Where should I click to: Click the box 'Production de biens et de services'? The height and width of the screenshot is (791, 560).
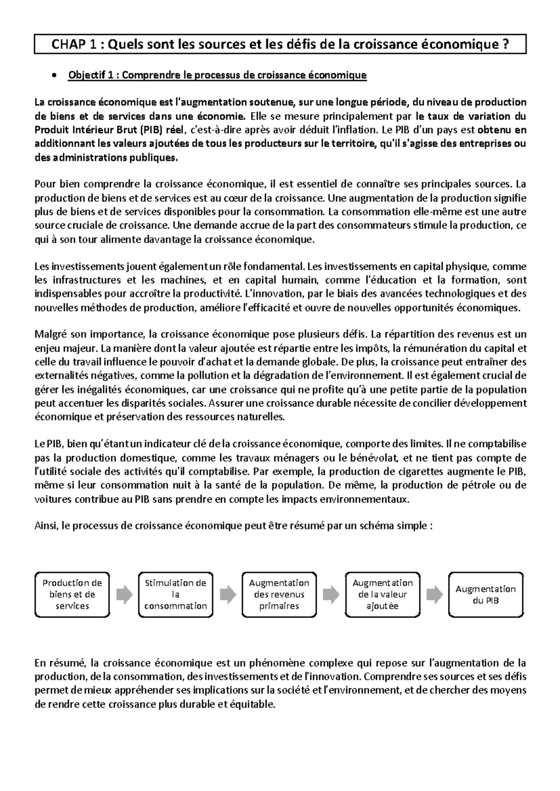pos(72,594)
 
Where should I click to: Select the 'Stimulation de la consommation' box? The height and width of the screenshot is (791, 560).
pos(175,594)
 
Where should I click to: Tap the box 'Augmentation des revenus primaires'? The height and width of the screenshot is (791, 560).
pos(279,594)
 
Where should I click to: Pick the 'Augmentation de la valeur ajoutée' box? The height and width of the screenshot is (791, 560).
pos(383,594)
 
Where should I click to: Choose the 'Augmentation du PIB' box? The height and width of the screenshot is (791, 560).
pos(485,594)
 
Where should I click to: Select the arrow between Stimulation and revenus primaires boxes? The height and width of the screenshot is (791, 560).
pos(228,595)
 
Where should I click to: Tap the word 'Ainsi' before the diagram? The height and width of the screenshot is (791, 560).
pos(45,526)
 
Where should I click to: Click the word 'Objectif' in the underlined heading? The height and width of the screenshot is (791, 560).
pos(85,76)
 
